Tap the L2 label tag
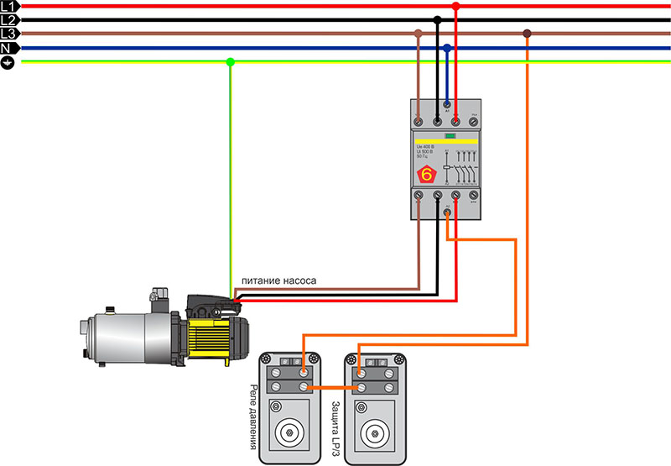(8, 19)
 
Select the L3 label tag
(8, 34)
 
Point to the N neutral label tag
(8, 49)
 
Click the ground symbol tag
(8, 63)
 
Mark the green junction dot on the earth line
(231, 61)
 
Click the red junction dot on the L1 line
(455, 6)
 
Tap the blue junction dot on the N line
(447, 49)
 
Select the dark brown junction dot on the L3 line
(527, 34)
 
